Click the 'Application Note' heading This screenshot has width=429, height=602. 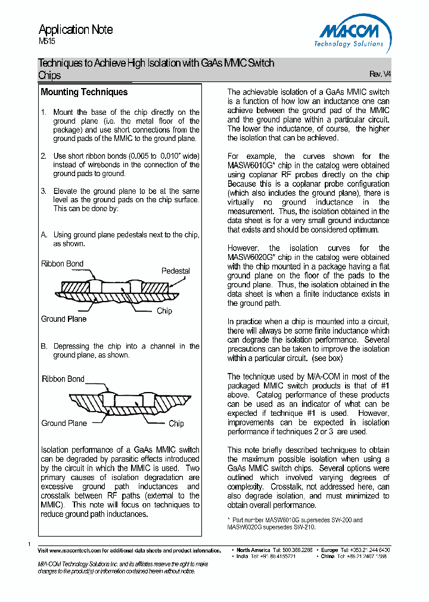tap(76, 29)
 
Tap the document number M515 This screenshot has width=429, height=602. tap(47, 42)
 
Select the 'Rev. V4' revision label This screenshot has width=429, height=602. tap(380, 74)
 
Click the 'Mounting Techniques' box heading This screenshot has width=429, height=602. tap(84, 92)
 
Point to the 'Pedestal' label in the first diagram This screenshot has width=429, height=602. tap(175, 271)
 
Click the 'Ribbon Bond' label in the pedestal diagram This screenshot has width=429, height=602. tap(63, 264)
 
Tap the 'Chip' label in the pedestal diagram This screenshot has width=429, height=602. tap(164, 311)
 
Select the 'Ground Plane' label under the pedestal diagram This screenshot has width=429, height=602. tap(64, 319)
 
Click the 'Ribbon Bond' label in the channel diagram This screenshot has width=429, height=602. tap(63, 379)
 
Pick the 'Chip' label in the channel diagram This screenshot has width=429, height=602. tap(176, 424)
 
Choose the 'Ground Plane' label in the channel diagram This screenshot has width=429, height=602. tap(64, 423)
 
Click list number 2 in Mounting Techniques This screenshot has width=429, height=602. tap(43, 156)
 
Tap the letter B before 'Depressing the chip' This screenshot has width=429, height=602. tap(43, 346)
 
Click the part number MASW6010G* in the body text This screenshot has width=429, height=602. tap(249, 165)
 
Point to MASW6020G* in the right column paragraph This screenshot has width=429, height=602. tap(249, 257)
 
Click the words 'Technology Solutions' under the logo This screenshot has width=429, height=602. tap(349, 44)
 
